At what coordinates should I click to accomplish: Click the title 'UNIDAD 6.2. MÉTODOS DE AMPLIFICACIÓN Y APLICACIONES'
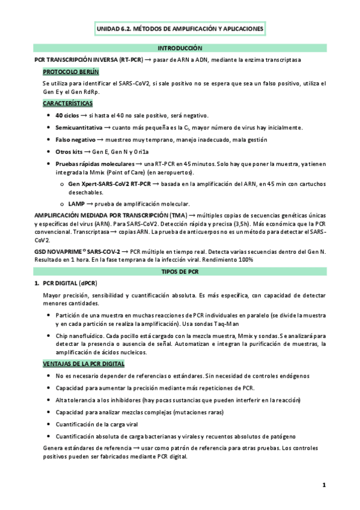[x=180, y=28]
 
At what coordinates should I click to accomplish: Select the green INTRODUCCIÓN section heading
[x=180, y=48]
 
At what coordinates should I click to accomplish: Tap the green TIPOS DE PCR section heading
[x=180, y=272]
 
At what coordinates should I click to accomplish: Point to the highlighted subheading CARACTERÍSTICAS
[x=68, y=103]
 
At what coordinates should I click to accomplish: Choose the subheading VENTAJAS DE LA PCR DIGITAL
[x=84, y=364]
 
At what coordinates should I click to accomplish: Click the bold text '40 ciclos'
[x=67, y=115]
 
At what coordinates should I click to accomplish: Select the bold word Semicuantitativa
[x=79, y=127]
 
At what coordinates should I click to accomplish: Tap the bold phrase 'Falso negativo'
[x=76, y=140]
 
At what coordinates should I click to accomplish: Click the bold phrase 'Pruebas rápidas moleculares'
[x=95, y=164]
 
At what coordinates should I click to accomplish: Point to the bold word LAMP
[x=77, y=203]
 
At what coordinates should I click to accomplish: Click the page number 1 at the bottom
[x=323, y=485]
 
